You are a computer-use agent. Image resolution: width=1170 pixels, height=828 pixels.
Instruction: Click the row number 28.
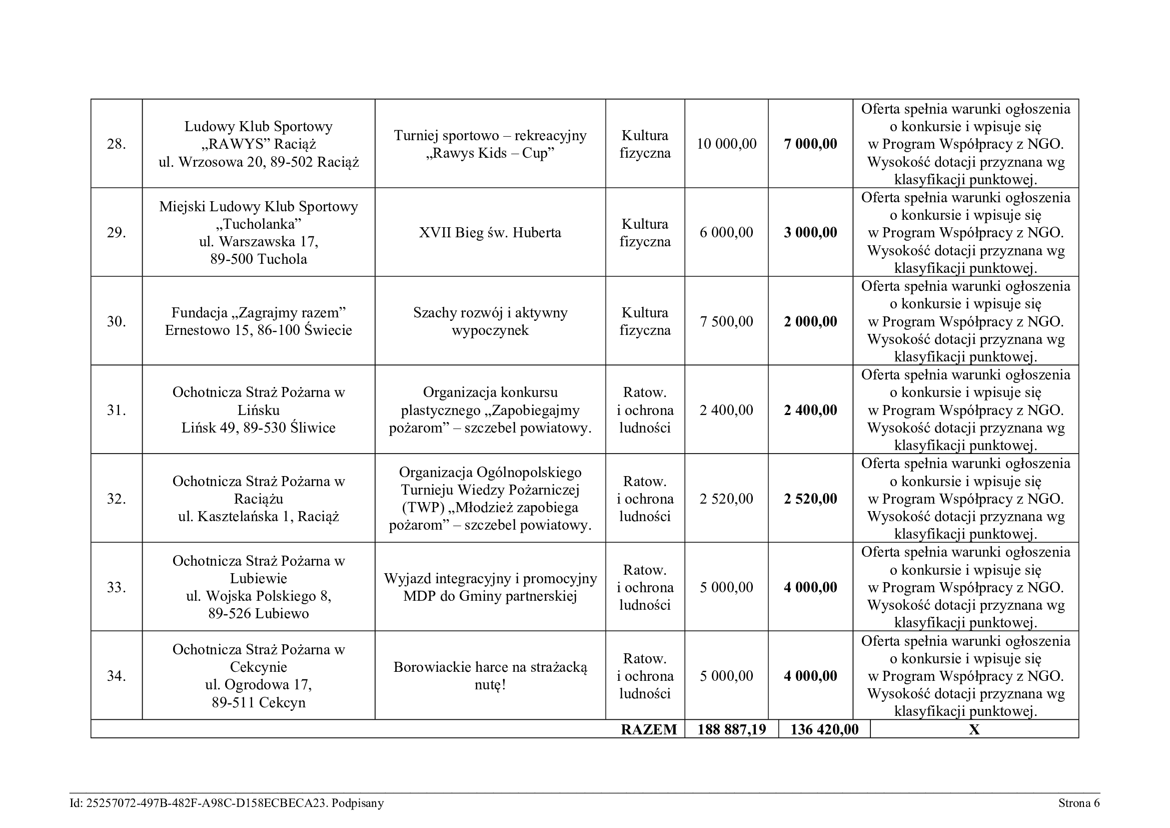click(116, 144)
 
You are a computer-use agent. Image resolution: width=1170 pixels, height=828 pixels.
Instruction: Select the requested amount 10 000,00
click(726, 144)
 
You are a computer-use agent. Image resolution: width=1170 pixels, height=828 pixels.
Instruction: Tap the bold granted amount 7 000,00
click(810, 144)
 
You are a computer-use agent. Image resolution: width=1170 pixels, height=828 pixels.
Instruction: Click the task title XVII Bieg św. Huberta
click(490, 233)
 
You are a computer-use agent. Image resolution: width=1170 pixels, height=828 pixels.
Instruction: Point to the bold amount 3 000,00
click(810, 233)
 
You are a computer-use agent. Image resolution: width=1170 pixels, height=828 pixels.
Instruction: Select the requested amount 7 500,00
click(726, 322)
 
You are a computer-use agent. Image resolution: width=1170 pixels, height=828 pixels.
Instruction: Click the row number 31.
click(116, 410)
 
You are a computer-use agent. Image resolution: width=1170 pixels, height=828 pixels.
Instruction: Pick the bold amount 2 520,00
click(810, 499)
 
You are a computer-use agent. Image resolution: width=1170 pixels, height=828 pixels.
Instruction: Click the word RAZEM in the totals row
click(649, 729)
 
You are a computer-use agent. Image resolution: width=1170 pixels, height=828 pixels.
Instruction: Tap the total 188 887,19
click(731, 729)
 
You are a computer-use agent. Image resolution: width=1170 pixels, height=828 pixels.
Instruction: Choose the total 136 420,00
click(824, 729)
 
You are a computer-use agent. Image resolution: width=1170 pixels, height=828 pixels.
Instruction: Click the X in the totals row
click(974, 729)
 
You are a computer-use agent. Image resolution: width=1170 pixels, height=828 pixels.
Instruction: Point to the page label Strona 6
click(1079, 803)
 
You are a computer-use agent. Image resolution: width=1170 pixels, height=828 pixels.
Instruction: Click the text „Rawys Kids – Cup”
click(490, 154)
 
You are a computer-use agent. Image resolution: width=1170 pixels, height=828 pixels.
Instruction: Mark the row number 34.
click(116, 676)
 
